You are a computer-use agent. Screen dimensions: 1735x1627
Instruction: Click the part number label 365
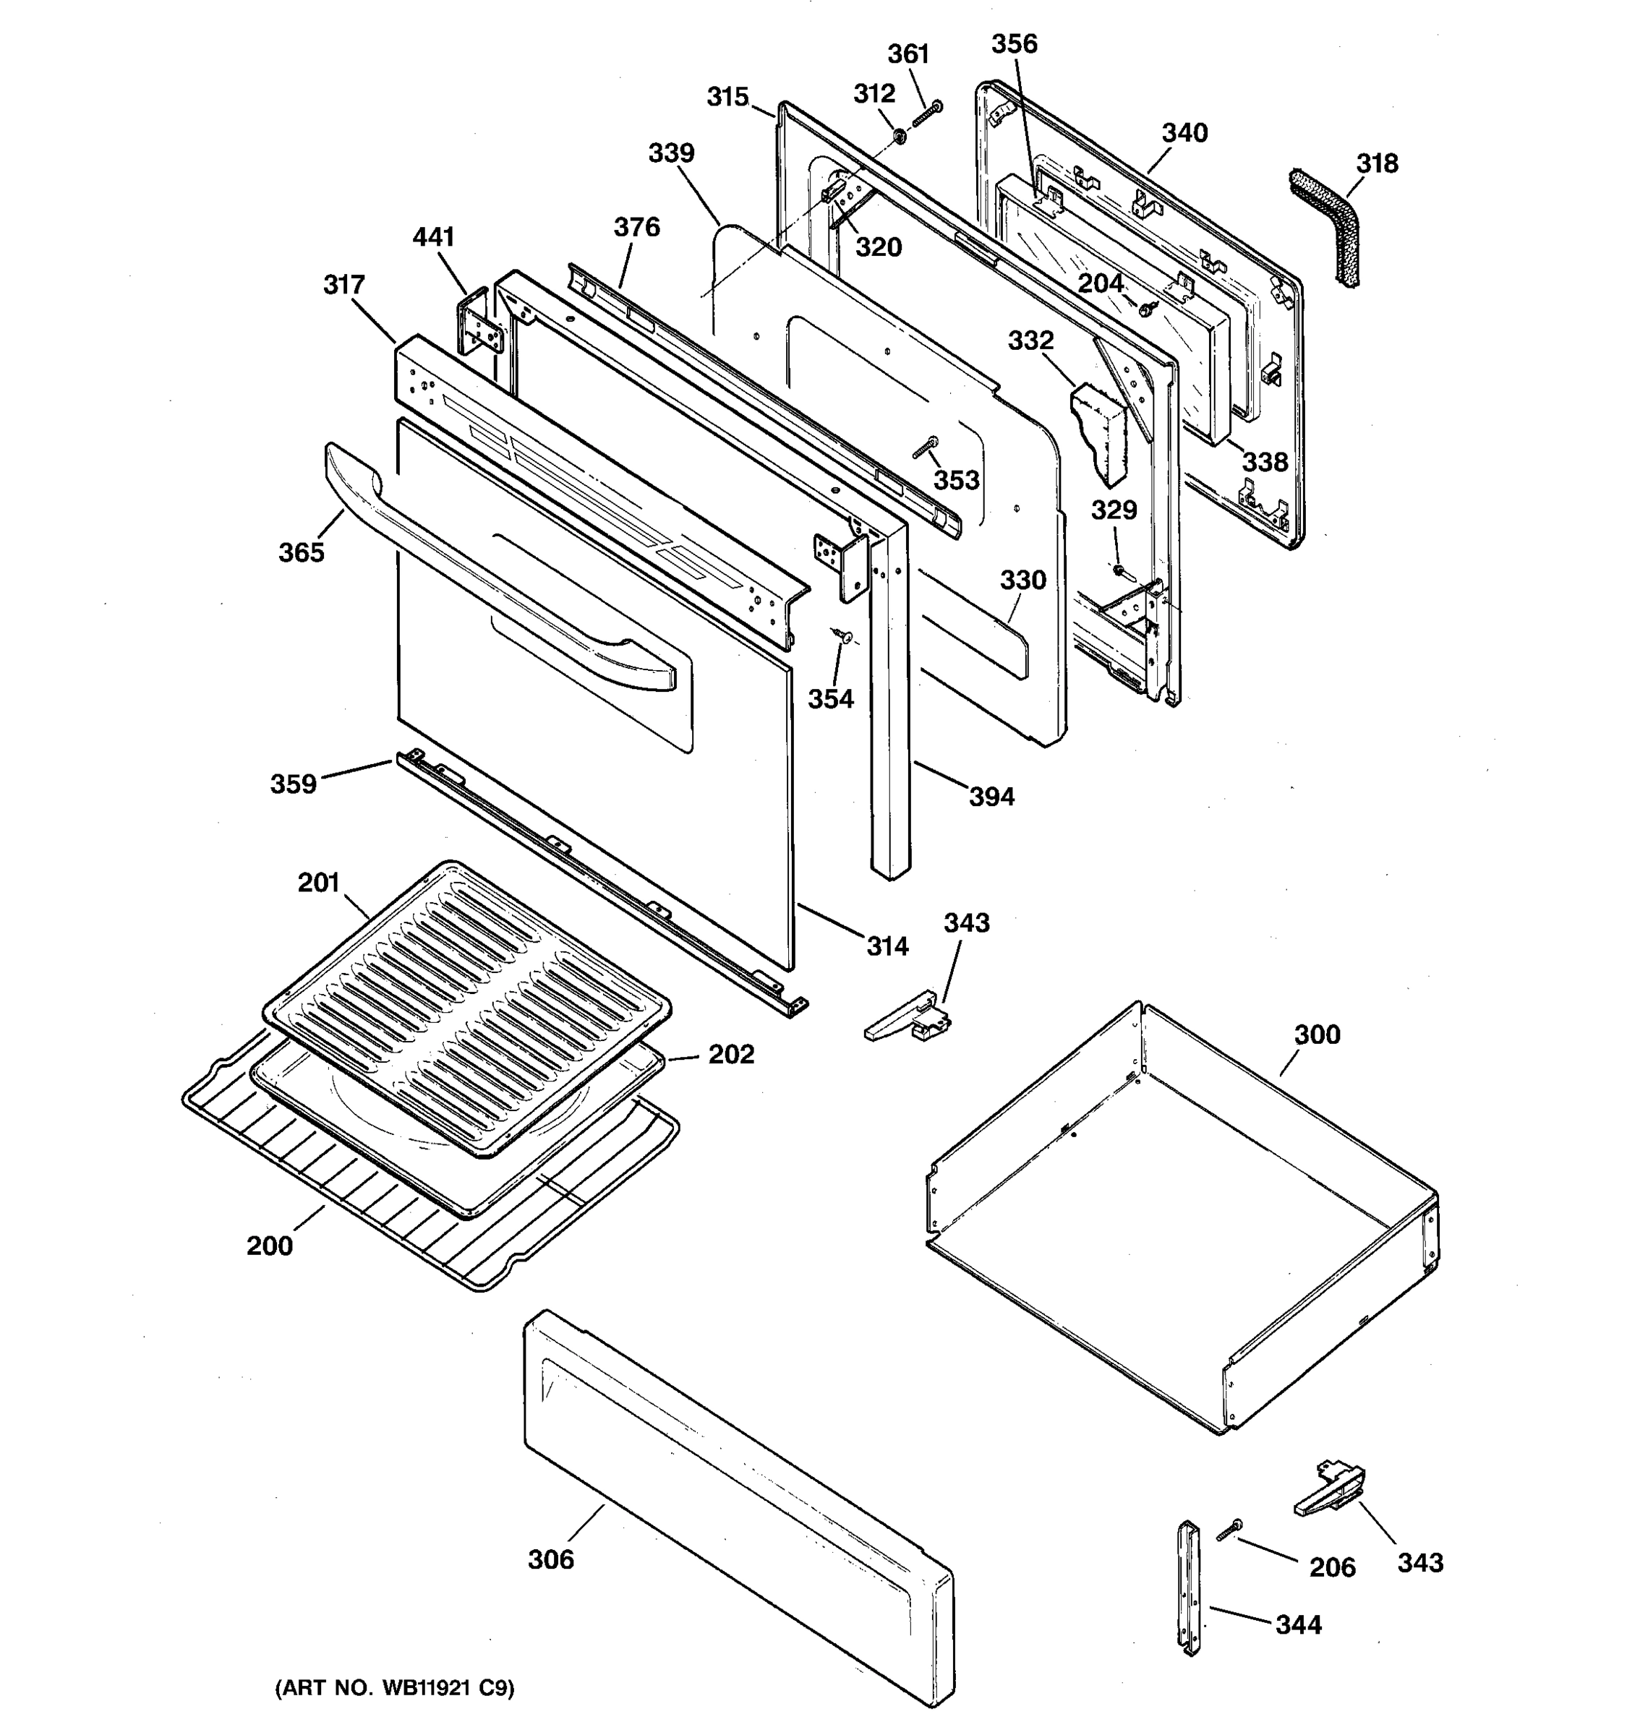pos(301,552)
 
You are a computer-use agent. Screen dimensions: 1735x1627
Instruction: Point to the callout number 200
pos(269,1246)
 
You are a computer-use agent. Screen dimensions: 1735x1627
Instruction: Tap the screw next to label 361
pos(927,113)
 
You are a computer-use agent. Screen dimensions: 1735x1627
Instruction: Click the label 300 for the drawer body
pos(1316,1035)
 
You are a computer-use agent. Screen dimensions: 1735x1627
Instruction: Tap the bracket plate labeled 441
pos(479,323)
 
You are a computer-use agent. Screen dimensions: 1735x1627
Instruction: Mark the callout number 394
pos(991,796)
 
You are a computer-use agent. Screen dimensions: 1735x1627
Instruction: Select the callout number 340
pos(1184,133)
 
